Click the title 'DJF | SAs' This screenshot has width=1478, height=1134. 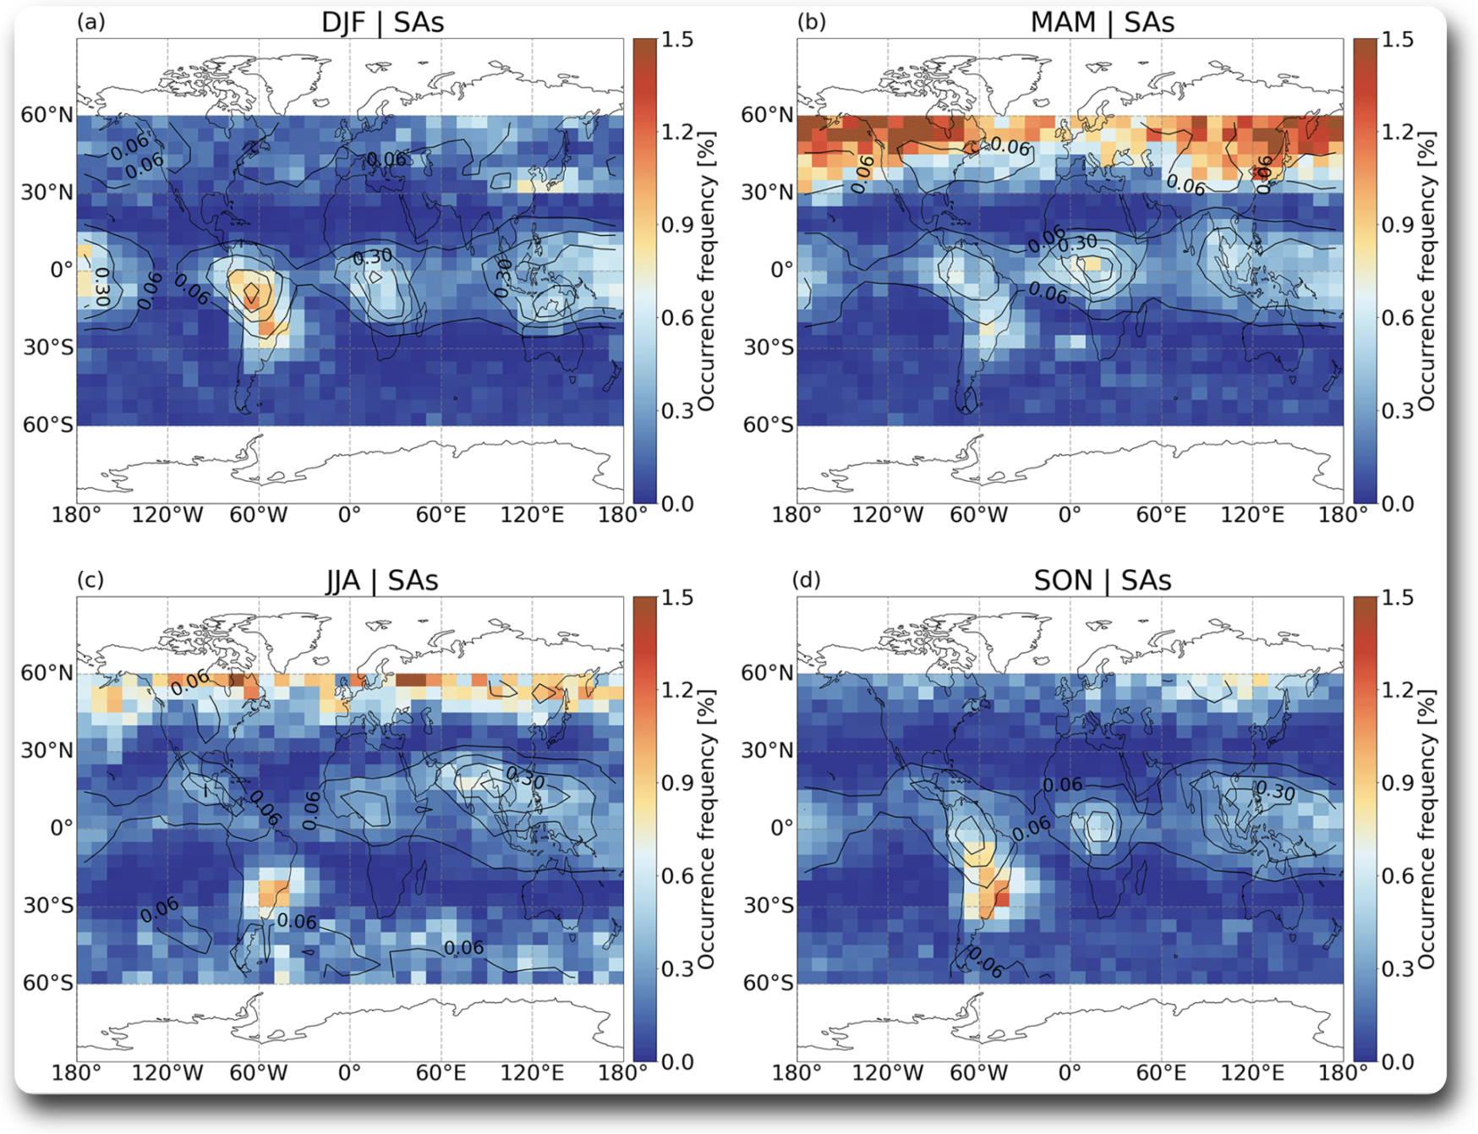tap(382, 23)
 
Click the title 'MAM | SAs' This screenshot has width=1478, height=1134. tap(1102, 23)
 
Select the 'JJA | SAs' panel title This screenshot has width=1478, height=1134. tap(382, 581)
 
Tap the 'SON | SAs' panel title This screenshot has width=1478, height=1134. tap(1102, 581)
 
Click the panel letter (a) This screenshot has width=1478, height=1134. tap(91, 22)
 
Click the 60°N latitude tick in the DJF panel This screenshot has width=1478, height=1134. tap(47, 115)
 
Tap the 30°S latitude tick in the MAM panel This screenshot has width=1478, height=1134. tap(768, 348)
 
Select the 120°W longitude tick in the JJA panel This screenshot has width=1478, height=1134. tap(167, 1073)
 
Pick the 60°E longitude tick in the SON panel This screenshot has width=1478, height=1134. tap(1161, 1073)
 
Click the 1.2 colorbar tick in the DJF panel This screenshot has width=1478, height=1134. tap(676, 132)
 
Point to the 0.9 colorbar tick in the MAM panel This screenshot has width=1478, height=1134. tap(1397, 225)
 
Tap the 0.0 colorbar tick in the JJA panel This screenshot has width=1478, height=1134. tap(676, 1061)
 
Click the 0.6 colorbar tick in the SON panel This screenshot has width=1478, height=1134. tap(1397, 876)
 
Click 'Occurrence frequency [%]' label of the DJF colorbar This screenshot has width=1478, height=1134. tap(707, 271)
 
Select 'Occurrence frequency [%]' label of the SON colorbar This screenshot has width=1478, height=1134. tap(1427, 829)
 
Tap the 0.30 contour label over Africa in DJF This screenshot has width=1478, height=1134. tap(372, 256)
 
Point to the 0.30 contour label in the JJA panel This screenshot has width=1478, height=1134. tap(524, 776)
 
